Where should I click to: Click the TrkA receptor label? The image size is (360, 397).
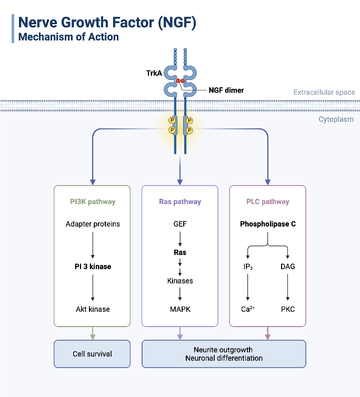tap(155, 73)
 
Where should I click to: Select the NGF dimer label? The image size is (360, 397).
tap(226, 90)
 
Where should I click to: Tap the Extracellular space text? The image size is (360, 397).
tap(324, 93)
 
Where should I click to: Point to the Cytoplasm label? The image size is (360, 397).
tap(336, 119)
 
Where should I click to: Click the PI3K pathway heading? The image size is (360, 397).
tap(93, 201)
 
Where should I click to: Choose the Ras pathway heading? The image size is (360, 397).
tap(180, 201)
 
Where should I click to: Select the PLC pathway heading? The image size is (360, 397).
tap(267, 201)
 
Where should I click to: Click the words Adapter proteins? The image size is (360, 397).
tap(93, 224)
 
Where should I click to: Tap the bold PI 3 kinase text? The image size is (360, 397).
tap(93, 267)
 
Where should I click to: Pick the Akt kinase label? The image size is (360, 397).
tap(93, 309)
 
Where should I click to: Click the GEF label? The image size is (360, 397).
tap(180, 224)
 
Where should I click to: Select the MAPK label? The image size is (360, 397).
tap(180, 309)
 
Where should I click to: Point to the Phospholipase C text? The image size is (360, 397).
tap(267, 224)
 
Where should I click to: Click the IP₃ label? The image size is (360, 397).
tap(248, 267)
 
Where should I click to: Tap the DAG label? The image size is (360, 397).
tap(288, 267)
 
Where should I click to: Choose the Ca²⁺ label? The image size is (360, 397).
tap(248, 309)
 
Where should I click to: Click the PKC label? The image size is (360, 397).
tap(288, 309)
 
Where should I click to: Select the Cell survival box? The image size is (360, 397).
tap(92, 354)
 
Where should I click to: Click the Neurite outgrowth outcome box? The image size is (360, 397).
tap(224, 354)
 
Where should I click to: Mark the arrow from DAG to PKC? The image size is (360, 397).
tap(288, 288)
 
